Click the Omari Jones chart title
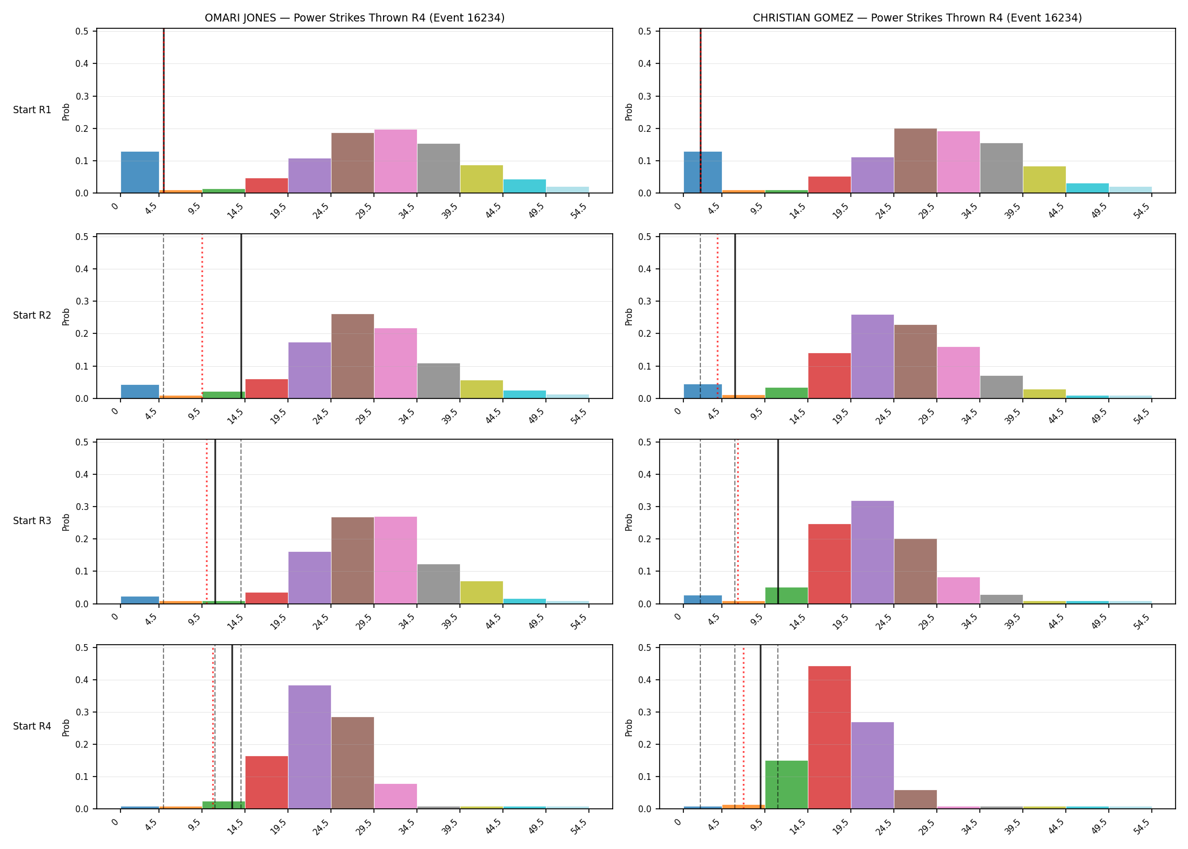click(355, 18)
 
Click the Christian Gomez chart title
click(917, 18)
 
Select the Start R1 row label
click(32, 110)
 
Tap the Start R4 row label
click(32, 726)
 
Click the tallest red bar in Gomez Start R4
click(829, 737)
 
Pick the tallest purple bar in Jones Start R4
click(309, 747)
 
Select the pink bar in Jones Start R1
click(395, 161)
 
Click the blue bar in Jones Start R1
click(140, 172)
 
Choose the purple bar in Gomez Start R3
click(872, 552)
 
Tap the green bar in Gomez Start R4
click(786, 784)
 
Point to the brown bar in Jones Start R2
click(352, 356)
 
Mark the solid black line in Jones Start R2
click(241, 316)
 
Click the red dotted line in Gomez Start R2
click(717, 316)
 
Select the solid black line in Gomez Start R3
click(778, 522)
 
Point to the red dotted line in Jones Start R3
click(206, 522)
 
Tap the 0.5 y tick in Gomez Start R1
click(648, 31)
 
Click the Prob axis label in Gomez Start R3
click(629, 522)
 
